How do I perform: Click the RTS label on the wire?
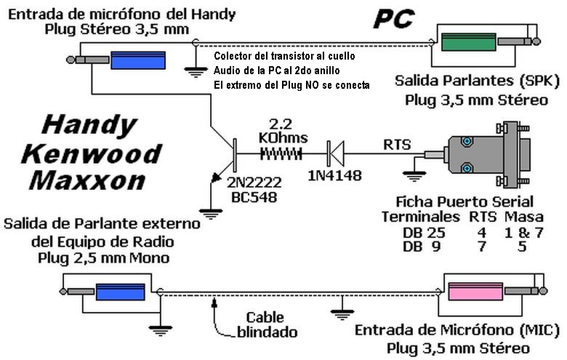tap(397, 145)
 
